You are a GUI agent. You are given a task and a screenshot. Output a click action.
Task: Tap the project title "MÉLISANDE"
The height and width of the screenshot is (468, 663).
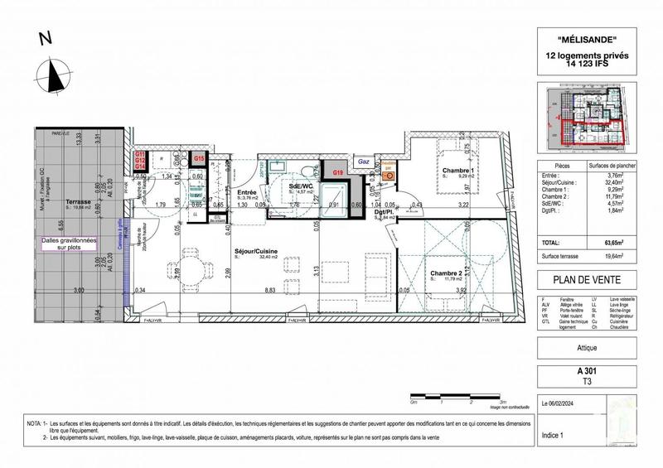(x=588, y=40)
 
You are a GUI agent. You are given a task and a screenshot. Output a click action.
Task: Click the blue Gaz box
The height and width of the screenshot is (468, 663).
(x=363, y=163)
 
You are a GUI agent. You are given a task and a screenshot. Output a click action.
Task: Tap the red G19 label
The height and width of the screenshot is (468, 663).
(x=337, y=171)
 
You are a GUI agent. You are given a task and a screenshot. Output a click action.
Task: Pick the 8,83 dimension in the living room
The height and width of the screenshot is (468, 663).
(x=269, y=291)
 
